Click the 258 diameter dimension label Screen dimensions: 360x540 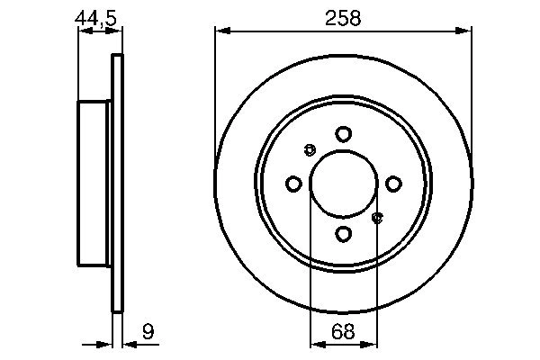point(343,17)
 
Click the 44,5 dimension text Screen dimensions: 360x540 point(98,15)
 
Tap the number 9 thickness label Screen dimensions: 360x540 point(148,333)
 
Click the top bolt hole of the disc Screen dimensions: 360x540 point(343,134)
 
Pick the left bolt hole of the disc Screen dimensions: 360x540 point(293,184)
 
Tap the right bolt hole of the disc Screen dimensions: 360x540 point(393,184)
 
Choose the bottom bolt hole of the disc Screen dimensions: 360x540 point(343,234)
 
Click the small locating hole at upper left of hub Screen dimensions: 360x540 point(310,149)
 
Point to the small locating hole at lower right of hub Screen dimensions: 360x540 point(377,217)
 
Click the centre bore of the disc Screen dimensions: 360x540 point(343,184)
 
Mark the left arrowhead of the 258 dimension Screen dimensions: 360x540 point(221,31)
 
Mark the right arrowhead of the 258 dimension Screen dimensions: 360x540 point(465,31)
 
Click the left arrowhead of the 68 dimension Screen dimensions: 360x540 point(316,344)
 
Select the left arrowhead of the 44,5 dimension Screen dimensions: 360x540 point(84,31)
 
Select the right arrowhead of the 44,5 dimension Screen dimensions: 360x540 point(116,31)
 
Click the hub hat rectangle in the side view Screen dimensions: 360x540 point(94,184)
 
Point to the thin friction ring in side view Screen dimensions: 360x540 point(116,184)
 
